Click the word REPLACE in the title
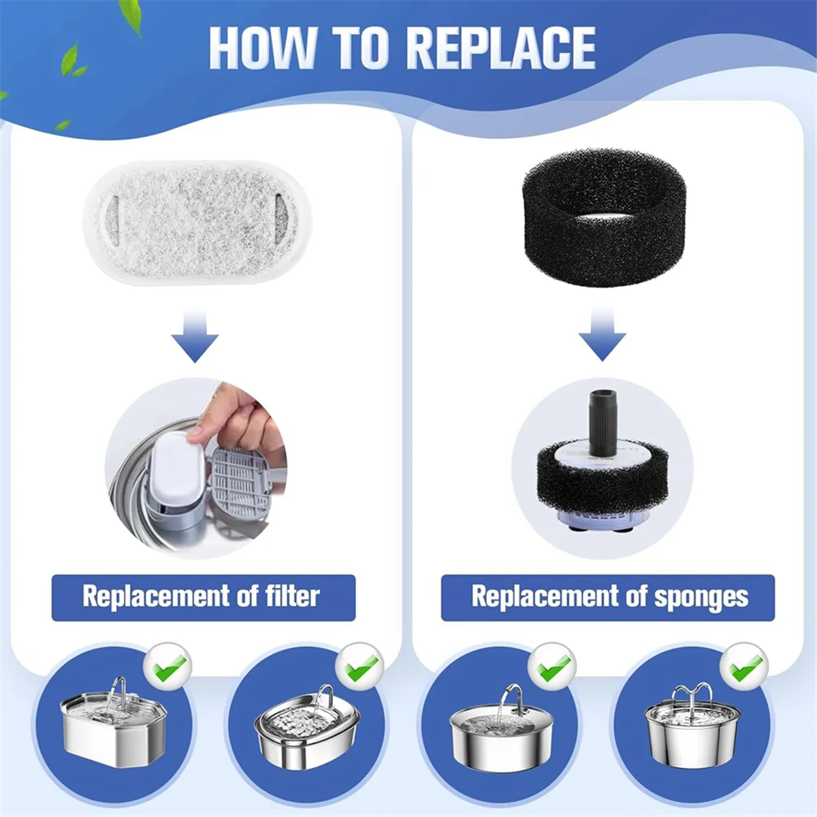click(x=502, y=48)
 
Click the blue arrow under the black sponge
click(x=603, y=334)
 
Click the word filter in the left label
click(x=292, y=596)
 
